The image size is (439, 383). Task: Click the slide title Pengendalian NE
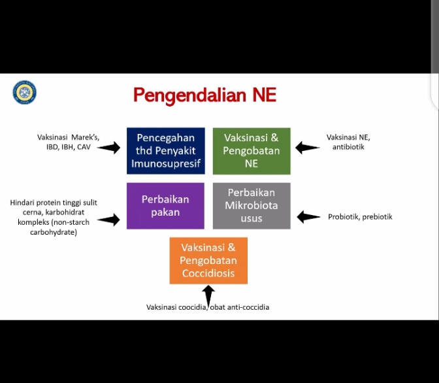(204, 95)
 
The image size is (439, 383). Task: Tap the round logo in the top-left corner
(25, 92)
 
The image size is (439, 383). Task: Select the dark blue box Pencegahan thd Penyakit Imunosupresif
(165, 150)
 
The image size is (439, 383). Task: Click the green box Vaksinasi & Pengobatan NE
(252, 150)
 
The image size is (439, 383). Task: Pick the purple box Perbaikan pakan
(165, 205)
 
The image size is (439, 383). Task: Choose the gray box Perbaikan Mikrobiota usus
(252, 205)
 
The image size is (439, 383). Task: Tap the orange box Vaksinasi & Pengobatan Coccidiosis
(208, 260)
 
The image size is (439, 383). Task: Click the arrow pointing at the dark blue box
(109, 148)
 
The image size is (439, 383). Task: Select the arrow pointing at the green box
(308, 148)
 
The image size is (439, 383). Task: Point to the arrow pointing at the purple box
(108, 220)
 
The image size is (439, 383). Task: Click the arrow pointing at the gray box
(309, 217)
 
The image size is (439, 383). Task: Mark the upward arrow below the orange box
(208, 295)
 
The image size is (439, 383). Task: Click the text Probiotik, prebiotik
(360, 217)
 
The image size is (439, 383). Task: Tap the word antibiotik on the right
(348, 148)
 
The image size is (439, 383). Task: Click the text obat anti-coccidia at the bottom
(239, 307)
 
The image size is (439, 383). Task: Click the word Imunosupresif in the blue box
(165, 163)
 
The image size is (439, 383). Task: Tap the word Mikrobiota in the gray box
(252, 205)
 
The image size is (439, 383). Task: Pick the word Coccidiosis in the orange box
(208, 273)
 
